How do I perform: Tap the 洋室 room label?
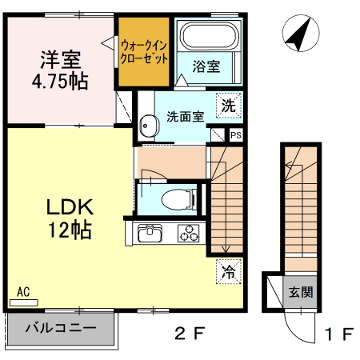click(x=60, y=58)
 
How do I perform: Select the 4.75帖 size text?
click(x=60, y=81)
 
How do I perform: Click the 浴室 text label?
click(x=208, y=67)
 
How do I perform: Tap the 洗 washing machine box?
click(x=230, y=104)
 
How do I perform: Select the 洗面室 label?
click(x=186, y=116)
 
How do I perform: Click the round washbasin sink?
click(x=147, y=125)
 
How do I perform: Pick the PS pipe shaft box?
click(x=235, y=135)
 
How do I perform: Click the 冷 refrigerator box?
click(x=230, y=270)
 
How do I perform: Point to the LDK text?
click(x=70, y=208)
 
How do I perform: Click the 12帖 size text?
click(x=70, y=231)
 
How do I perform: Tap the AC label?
click(x=23, y=293)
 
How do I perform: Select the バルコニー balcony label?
click(x=60, y=327)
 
